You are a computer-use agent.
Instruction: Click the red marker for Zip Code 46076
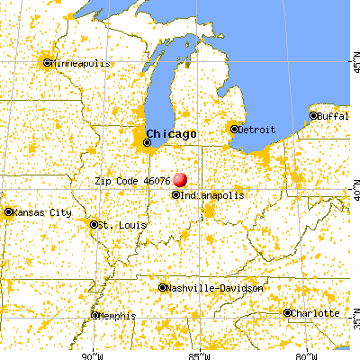click(x=180, y=180)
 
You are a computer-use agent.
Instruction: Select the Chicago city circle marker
click(x=148, y=142)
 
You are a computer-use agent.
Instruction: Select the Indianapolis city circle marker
click(x=175, y=194)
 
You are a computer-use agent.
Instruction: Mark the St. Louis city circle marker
click(x=95, y=224)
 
